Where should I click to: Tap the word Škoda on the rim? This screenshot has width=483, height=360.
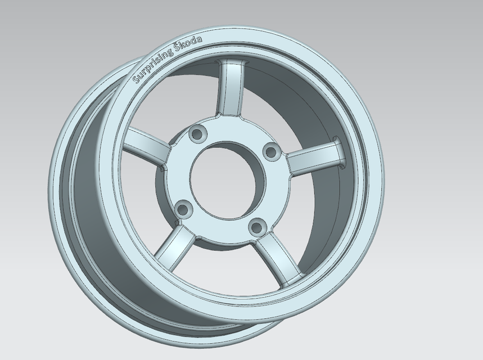pos(189,45)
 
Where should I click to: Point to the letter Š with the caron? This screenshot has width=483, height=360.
pos(178,49)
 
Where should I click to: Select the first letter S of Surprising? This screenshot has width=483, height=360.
pos(136,80)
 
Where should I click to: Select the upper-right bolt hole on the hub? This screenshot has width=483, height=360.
pos(271,151)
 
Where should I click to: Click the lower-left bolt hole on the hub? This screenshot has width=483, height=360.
pos(182,210)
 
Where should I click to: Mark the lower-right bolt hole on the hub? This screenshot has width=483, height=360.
pos(256,227)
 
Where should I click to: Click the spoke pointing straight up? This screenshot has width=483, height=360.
pos(231,89)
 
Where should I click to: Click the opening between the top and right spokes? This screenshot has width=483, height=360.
pos(292,107)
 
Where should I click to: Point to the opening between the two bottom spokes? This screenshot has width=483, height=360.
pos(225,270)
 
